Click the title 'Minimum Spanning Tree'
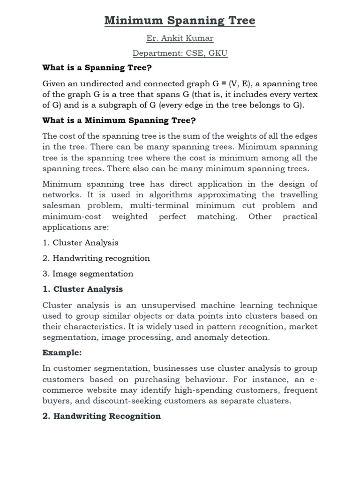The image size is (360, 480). coord(180,21)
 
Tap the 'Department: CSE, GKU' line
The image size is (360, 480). coord(180,53)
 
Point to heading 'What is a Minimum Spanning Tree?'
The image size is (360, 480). coord(118,120)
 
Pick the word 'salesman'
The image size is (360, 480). coord(60,206)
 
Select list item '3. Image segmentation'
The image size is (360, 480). coord(88,274)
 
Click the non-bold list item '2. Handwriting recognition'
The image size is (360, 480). coord(96,258)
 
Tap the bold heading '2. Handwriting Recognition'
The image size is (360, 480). coord(102,416)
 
